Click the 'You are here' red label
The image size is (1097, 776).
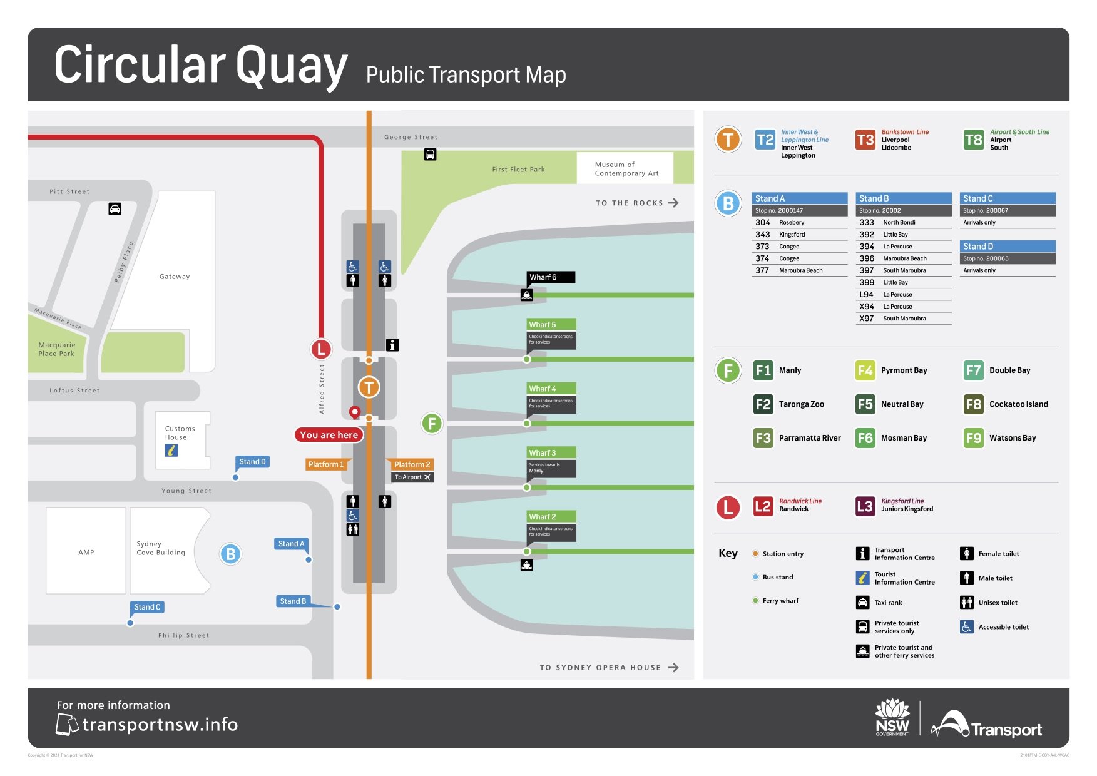click(329, 435)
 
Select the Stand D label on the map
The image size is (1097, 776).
click(252, 462)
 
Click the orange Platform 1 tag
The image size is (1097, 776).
click(326, 464)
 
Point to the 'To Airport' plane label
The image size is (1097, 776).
click(412, 477)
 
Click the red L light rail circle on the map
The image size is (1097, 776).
click(321, 349)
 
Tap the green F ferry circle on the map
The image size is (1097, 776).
click(432, 424)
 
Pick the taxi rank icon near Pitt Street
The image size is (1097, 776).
click(115, 209)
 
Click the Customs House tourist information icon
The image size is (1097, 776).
click(171, 450)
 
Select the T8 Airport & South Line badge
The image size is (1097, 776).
click(973, 140)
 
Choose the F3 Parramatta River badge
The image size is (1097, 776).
click(763, 438)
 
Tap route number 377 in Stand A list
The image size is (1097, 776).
click(762, 270)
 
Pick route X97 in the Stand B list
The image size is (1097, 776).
click(866, 319)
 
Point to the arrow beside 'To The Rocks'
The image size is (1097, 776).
click(673, 203)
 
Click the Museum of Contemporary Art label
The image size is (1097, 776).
click(626, 169)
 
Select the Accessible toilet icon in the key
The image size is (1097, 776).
click(966, 626)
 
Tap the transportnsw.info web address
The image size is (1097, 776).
click(160, 725)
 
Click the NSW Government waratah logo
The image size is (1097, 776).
click(892, 717)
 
